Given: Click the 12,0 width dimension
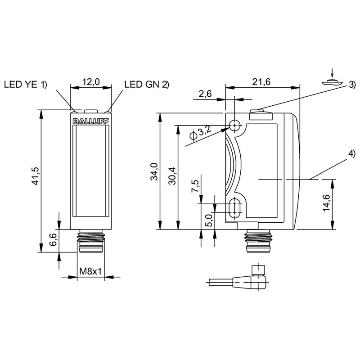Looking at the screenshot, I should (x=90, y=82).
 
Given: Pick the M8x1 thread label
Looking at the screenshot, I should (x=91, y=272).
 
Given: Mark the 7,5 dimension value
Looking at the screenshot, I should (x=195, y=185).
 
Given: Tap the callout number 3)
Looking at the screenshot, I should (x=352, y=85).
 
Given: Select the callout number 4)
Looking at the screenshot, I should (x=351, y=154).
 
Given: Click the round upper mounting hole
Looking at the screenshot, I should (x=234, y=125).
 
